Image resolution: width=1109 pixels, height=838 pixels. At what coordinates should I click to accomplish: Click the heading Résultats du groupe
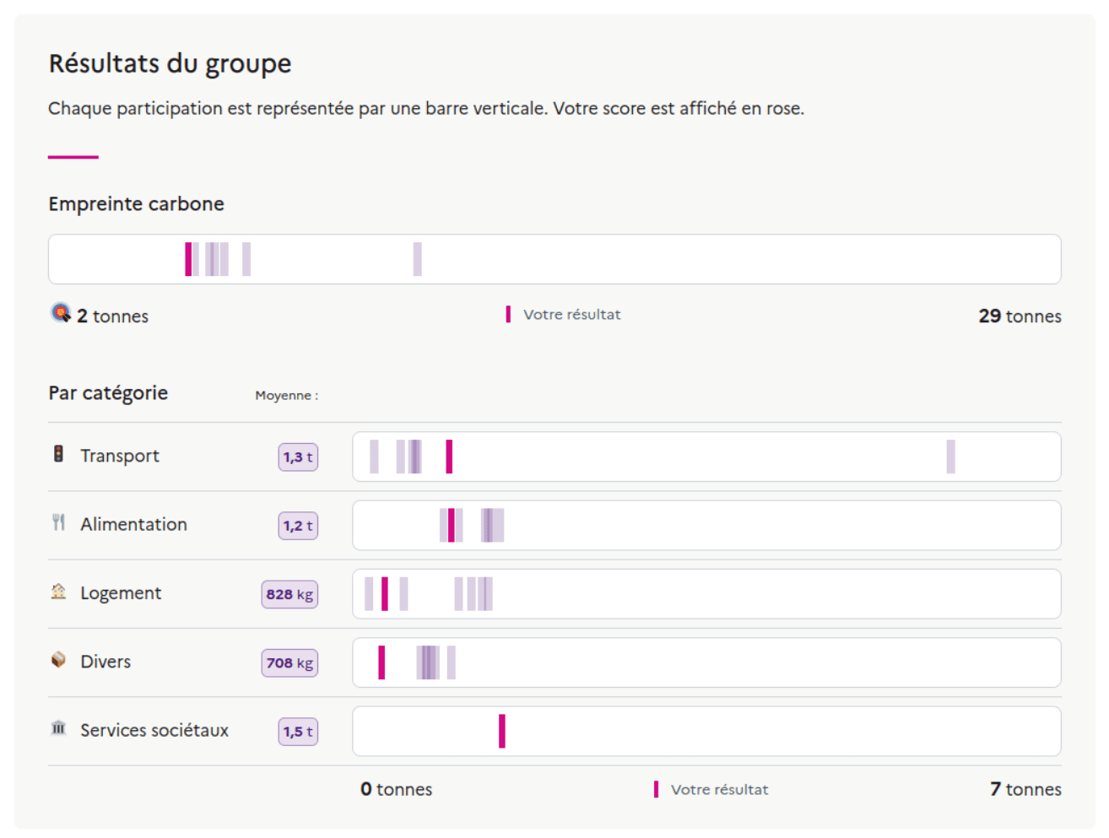tap(170, 64)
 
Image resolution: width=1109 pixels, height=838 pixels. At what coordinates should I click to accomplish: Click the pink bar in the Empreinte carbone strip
tap(188, 259)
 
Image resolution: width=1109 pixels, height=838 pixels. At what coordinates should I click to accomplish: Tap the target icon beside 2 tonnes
tap(61, 313)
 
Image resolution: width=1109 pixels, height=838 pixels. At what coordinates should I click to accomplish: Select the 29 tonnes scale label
tap(1020, 316)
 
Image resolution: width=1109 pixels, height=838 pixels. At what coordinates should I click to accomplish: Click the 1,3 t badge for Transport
tap(298, 457)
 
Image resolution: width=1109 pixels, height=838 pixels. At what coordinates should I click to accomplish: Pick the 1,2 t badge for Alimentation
tap(298, 526)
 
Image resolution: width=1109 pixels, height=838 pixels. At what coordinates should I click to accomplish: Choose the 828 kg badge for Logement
tap(289, 594)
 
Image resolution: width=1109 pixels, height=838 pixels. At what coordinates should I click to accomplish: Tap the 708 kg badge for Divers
tap(289, 663)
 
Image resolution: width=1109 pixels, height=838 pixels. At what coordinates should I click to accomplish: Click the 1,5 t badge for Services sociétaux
tap(298, 732)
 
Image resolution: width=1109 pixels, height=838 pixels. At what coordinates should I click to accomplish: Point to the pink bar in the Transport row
tap(449, 457)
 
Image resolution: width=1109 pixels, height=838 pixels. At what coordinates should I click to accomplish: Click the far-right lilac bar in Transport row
tap(950, 457)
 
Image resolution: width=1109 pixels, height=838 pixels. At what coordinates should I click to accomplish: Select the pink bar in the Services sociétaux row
tap(502, 731)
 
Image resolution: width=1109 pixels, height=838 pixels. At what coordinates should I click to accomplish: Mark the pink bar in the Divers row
tap(381, 662)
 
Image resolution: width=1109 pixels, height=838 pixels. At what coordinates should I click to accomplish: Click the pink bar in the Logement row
tap(385, 593)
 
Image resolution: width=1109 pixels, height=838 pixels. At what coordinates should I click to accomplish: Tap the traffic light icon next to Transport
tap(58, 454)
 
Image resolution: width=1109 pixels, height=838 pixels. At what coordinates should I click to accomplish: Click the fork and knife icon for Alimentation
tap(58, 523)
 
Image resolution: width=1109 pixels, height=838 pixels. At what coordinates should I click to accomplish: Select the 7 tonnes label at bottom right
tap(1025, 790)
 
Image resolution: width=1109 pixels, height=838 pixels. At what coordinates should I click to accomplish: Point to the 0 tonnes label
tap(396, 790)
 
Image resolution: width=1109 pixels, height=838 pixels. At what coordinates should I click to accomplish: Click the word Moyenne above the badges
tap(284, 396)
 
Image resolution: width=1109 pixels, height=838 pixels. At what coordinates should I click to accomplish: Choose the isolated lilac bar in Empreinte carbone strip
tap(417, 259)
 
